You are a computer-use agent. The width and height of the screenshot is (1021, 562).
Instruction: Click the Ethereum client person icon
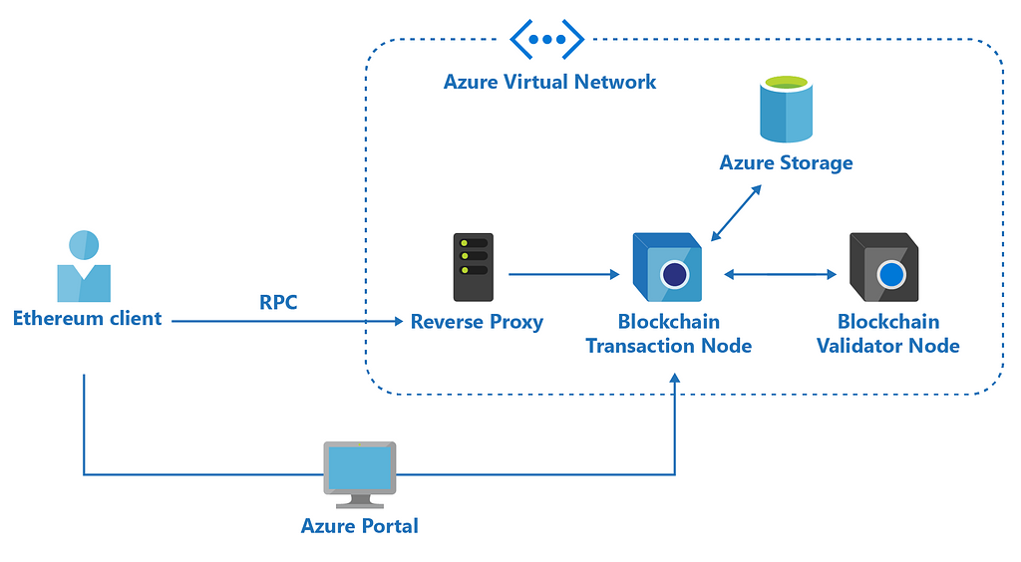(84, 266)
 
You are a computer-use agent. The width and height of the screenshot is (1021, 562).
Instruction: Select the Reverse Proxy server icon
(473, 267)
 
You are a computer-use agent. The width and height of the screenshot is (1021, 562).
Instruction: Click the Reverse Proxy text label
(477, 322)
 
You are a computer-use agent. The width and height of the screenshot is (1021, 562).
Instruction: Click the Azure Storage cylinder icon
(787, 110)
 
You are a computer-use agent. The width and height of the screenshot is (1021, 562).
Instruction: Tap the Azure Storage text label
(787, 162)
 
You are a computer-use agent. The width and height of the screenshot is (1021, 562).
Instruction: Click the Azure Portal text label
(359, 525)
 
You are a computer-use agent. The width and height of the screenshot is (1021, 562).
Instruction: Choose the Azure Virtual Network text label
(549, 82)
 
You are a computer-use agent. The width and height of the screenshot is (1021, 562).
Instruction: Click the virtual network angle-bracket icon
(546, 39)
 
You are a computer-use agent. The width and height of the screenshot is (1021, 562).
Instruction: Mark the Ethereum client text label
(87, 319)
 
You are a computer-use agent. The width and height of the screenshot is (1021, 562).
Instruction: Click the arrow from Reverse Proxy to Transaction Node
(563, 273)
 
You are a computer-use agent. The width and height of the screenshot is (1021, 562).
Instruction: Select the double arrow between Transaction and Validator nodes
(780, 273)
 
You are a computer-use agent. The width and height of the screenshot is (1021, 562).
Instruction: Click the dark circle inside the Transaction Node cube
(675, 274)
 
